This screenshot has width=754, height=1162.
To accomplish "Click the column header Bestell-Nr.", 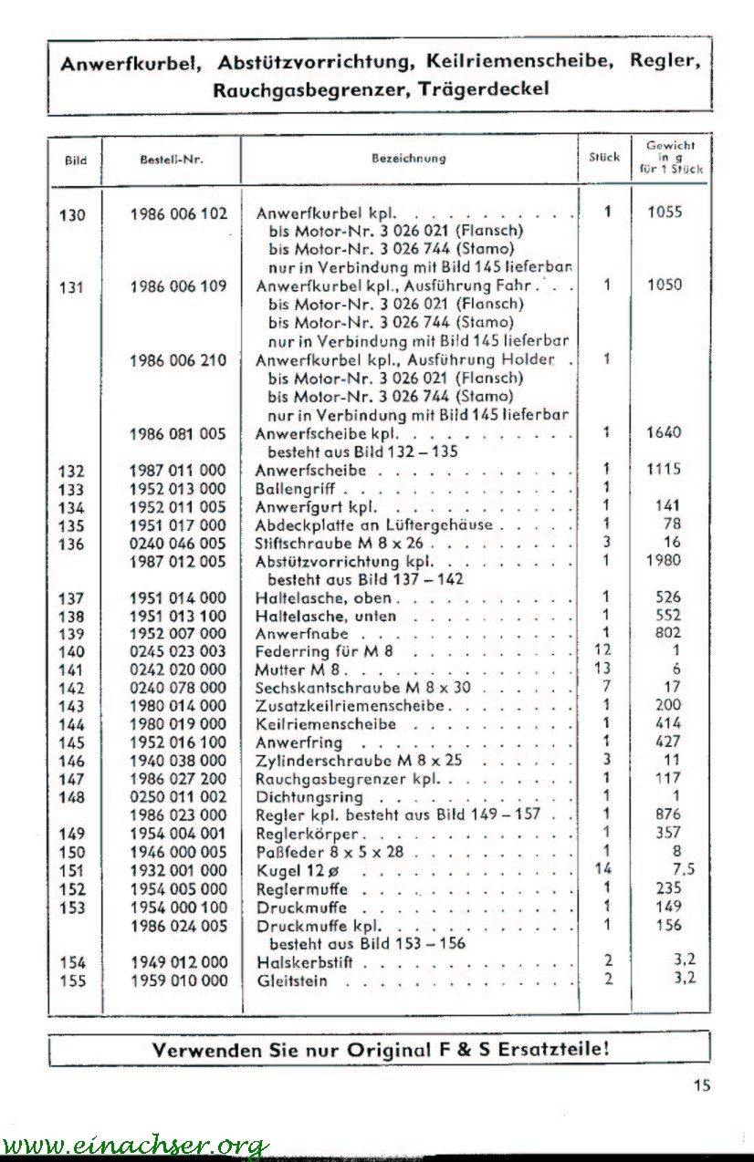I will click(x=172, y=159).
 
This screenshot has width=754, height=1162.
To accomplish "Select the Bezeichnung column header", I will click(x=408, y=158).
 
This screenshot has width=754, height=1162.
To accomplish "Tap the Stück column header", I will click(x=604, y=157).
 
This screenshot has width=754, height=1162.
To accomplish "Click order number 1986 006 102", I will click(x=178, y=214).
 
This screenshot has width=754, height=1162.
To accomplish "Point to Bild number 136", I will click(x=72, y=544).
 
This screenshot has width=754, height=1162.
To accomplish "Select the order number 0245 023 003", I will click(x=178, y=651).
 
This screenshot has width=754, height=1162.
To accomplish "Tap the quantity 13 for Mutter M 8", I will click(x=603, y=669).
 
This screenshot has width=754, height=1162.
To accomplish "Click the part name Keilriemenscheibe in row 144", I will click(x=326, y=724).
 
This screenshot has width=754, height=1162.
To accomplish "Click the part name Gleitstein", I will click(x=292, y=981).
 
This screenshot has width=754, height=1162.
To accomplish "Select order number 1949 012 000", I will click(x=178, y=962).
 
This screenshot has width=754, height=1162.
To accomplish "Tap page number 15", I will click(x=700, y=1084).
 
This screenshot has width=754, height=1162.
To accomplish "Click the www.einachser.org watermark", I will click(x=134, y=1145).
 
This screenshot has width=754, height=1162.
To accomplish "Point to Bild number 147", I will click(x=72, y=779).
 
